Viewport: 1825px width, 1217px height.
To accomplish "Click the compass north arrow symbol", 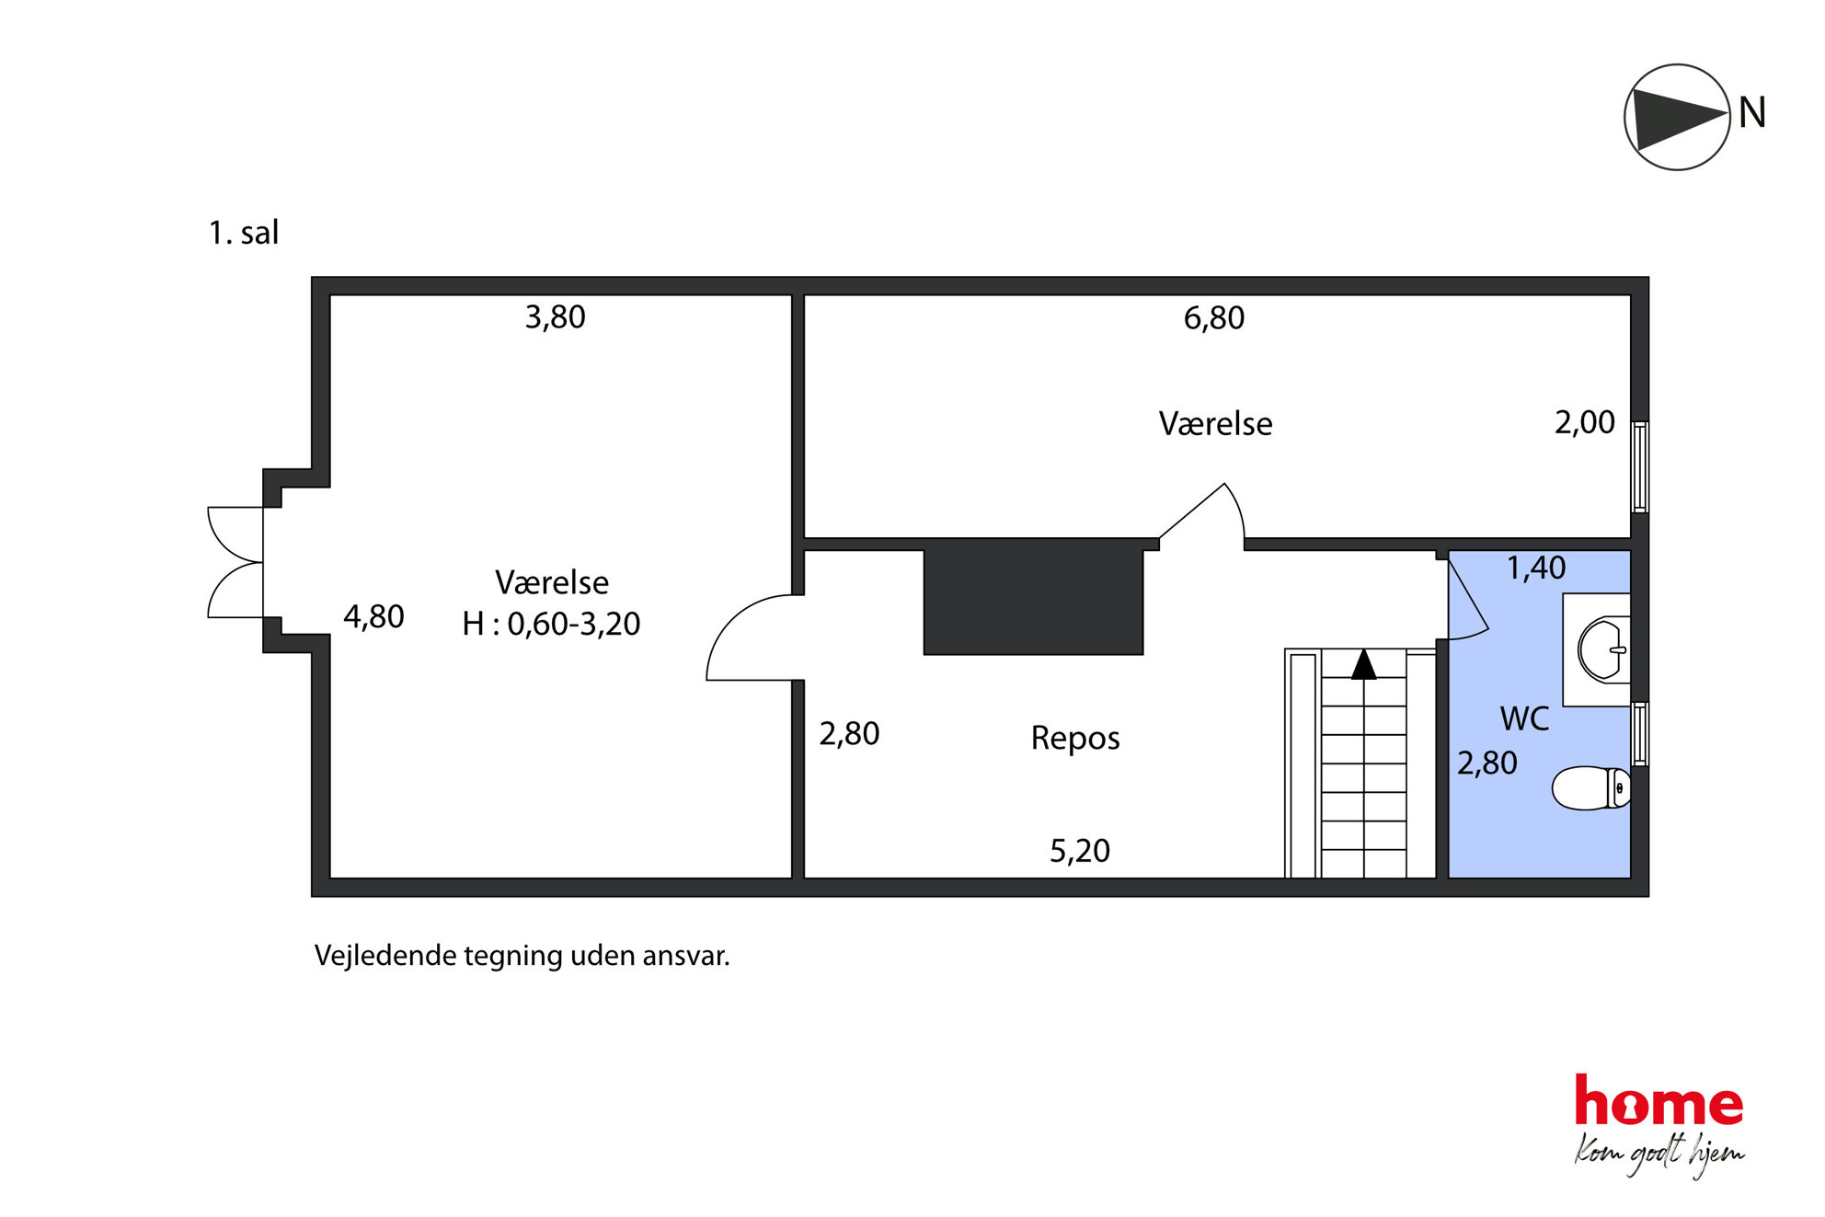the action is [x=1677, y=117].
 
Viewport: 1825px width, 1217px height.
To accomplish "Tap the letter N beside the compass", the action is [x=1751, y=113].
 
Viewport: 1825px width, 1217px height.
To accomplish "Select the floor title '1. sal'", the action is [x=243, y=233].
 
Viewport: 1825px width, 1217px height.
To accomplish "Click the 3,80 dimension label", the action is [x=555, y=317].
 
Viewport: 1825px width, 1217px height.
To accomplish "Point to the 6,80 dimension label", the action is [x=1213, y=318].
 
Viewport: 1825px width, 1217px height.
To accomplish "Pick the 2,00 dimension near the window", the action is [x=1584, y=422].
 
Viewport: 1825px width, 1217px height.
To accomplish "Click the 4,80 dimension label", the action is [x=373, y=616].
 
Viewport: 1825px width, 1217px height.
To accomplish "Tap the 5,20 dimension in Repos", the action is [x=1080, y=851].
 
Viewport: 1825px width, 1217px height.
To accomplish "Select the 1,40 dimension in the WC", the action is [x=1535, y=568].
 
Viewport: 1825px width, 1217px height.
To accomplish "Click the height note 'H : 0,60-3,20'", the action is [x=551, y=624].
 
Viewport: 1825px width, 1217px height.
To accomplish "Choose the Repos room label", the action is [x=1075, y=739].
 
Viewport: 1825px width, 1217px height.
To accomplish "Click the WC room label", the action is [x=1524, y=718].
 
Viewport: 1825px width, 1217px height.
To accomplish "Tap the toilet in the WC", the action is [x=1591, y=788].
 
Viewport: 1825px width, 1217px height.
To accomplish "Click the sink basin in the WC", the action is [x=1603, y=649].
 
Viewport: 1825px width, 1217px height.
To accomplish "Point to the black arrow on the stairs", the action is [x=1363, y=664].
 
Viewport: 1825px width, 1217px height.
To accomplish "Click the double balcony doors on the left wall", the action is [x=235, y=562].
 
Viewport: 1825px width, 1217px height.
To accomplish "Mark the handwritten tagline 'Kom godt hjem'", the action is [x=1659, y=1155].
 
